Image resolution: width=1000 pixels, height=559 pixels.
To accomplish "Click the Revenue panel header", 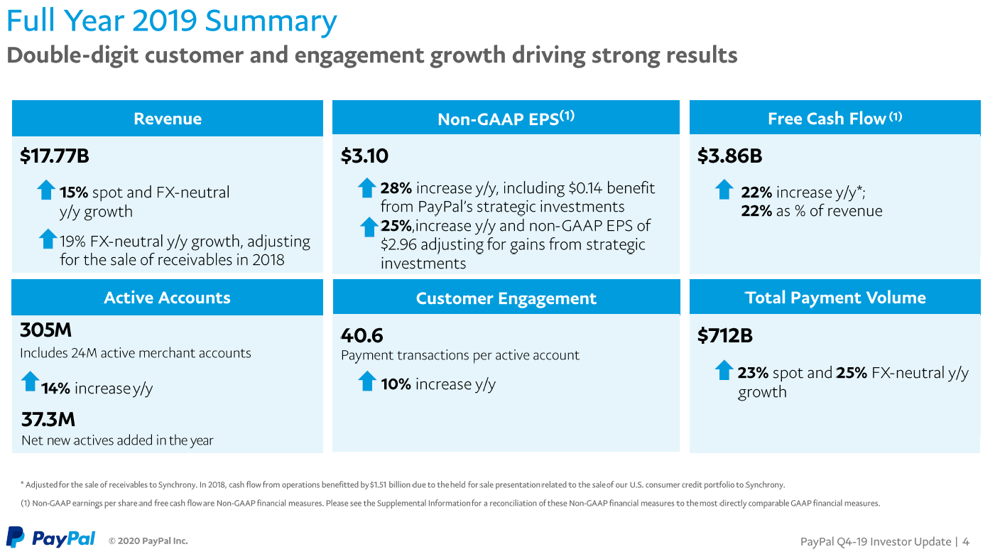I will coord(168,119).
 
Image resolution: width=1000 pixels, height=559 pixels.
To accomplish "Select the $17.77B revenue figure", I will coord(55,156).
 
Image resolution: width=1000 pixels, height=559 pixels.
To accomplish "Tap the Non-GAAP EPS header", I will coord(506,119).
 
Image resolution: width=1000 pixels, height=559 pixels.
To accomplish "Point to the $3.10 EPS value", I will coord(364,156).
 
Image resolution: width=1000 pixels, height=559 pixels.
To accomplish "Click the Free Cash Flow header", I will coord(835,119).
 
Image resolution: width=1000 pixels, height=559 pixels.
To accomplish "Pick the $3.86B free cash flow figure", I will coord(729,156).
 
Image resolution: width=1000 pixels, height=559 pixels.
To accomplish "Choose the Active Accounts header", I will coord(167,298).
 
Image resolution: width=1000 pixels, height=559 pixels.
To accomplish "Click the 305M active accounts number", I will coord(46,331).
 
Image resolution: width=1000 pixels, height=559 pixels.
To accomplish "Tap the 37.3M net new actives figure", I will coord(48,419).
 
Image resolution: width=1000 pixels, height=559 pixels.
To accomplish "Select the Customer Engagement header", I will coord(506,298).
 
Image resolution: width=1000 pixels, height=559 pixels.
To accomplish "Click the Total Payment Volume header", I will coord(835,298).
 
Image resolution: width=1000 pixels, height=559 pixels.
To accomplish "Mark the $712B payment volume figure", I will coord(725,335).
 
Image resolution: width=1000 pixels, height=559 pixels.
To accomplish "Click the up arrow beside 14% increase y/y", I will coord(30,381).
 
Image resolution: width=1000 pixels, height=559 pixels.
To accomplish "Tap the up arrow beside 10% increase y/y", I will coord(366,381).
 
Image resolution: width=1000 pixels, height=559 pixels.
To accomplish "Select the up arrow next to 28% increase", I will coord(366,188).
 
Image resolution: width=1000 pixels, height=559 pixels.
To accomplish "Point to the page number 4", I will coord(966,542).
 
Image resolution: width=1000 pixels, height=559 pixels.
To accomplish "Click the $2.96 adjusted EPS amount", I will coord(398,244).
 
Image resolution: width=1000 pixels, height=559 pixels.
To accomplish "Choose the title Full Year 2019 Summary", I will coord(171,21).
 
